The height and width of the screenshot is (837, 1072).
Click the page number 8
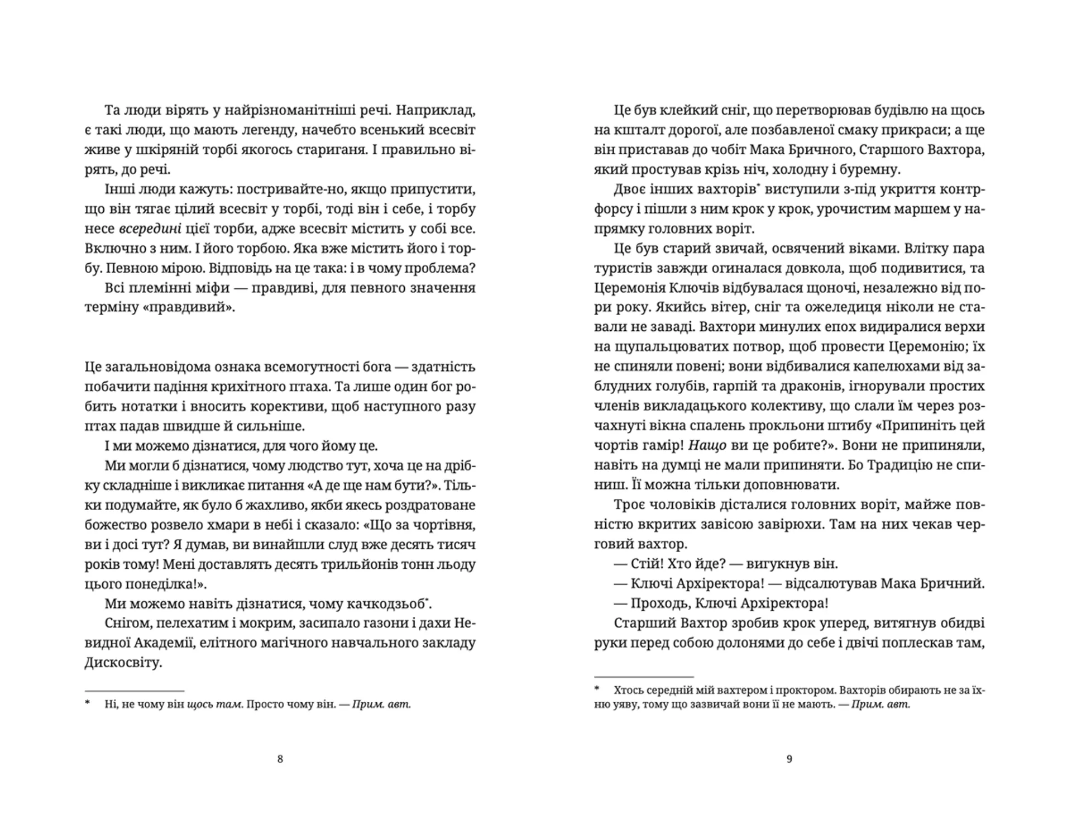pyautogui.click(x=280, y=759)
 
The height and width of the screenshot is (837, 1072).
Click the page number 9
pyautogui.click(x=789, y=759)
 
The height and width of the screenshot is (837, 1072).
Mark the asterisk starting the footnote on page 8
pyautogui.click(x=87, y=703)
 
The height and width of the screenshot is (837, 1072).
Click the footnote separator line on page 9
pyautogui.click(x=644, y=677)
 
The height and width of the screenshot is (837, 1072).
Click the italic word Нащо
pyautogui.click(x=707, y=446)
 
